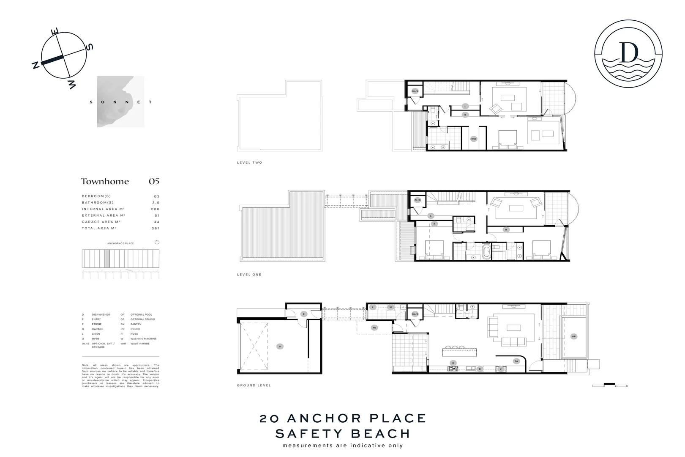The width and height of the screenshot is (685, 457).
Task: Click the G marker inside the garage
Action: click(x=279, y=346)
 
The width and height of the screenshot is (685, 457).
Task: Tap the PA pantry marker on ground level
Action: click(x=516, y=361)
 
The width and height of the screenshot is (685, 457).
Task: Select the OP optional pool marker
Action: click(x=573, y=336)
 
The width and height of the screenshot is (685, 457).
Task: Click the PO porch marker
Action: click(x=374, y=328)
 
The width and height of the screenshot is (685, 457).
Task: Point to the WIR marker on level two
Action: click(x=474, y=138)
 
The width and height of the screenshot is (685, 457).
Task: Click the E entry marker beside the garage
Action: click(x=303, y=314)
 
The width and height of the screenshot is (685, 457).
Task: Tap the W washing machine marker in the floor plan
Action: click(x=390, y=307)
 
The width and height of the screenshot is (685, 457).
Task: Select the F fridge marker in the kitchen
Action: click(x=501, y=369)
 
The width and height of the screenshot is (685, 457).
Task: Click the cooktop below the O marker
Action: click(x=453, y=369)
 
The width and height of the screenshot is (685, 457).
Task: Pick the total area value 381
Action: click(x=155, y=228)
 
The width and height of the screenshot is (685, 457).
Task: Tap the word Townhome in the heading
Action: click(x=105, y=182)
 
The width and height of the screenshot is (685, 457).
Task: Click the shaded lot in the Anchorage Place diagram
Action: click(x=107, y=258)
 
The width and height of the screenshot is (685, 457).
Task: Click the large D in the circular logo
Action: click(x=628, y=52)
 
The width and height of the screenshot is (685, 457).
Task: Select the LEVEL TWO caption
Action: click(x=249, y=162)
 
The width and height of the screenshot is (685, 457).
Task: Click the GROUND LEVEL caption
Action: click(x=254, y=385)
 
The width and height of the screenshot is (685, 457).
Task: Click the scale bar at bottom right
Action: click(x=609, y=385)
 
